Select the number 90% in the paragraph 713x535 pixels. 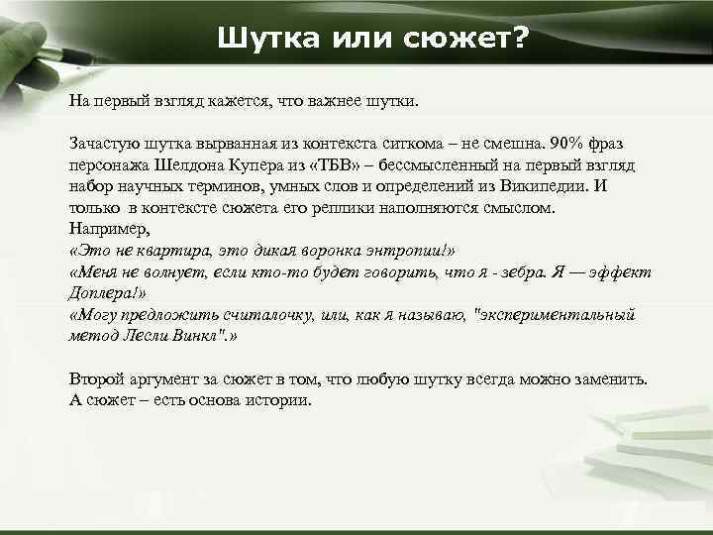[x=572, y=146]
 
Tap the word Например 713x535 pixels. [x=108, y=229]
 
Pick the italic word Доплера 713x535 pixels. [x=105, y=293]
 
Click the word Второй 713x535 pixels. [x=99, y=379]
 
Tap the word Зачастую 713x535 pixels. [x=105, y=145]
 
